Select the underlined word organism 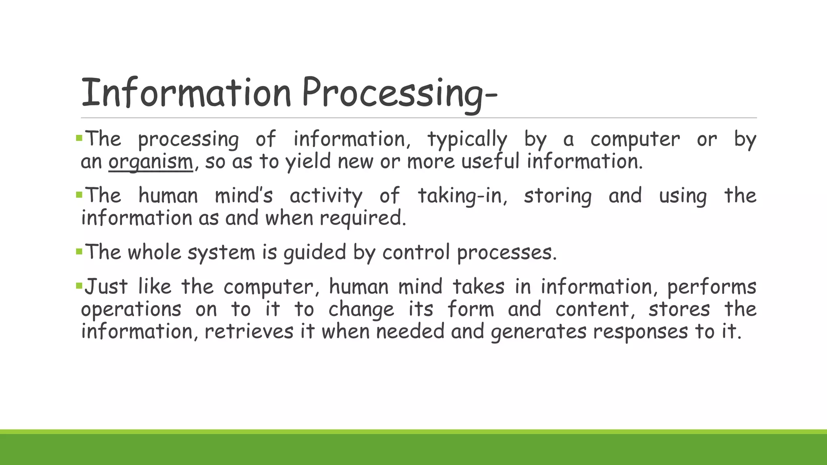click(151, 162)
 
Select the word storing click(558, 196)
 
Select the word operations click(131, 310)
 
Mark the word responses click(640, 332)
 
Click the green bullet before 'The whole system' click(79, 252)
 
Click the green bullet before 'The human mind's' click(79, 195)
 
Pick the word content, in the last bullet click(592, 310)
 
